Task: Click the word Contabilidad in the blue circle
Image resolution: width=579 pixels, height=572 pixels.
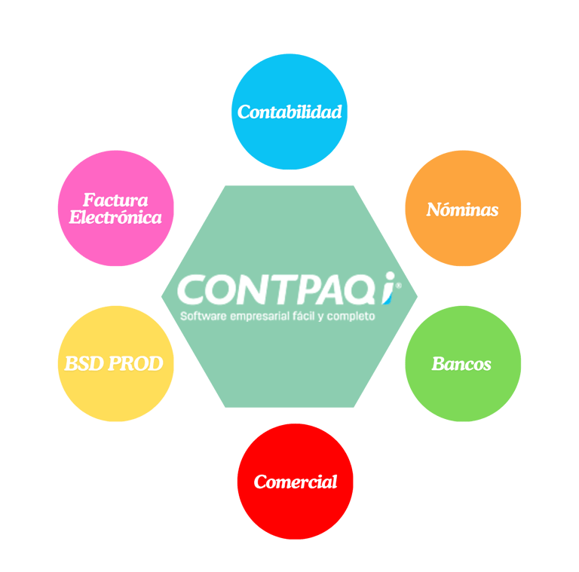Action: point(289,112)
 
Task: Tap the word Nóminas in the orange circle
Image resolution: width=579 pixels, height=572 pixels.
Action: point(462,210)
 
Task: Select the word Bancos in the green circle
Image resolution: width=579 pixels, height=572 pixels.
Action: point(461,365)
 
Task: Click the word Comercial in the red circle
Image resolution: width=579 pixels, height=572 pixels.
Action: point(296,482)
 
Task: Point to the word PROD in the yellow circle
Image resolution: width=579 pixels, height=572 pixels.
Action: point(136,364)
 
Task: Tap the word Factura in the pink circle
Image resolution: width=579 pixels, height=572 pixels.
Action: point(115,200)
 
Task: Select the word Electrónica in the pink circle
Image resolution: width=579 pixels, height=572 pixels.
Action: point(115,218)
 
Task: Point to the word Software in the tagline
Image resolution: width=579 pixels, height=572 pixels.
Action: point(204,317)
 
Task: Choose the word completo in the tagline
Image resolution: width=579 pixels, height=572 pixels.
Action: point(351,317)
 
